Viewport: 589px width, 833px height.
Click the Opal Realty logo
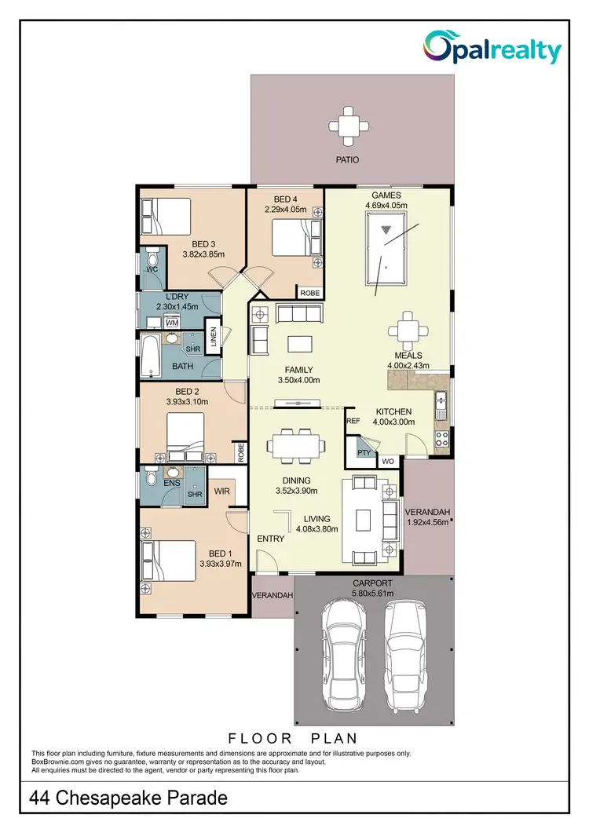click(x=492, y=48)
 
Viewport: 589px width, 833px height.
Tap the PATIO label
click(x=347, y=159)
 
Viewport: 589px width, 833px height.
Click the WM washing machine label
click(x=172, y=323)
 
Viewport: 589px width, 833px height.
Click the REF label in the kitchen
click(x=353, y=422)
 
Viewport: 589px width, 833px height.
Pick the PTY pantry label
click(x=364, y=453)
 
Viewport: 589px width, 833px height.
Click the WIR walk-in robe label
click(x=221, y=491)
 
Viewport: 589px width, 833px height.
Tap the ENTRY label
click(x=270, y=539)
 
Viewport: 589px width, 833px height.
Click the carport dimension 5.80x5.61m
click(x=373, y=594)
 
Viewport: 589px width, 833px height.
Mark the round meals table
click(x=407, y=327)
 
